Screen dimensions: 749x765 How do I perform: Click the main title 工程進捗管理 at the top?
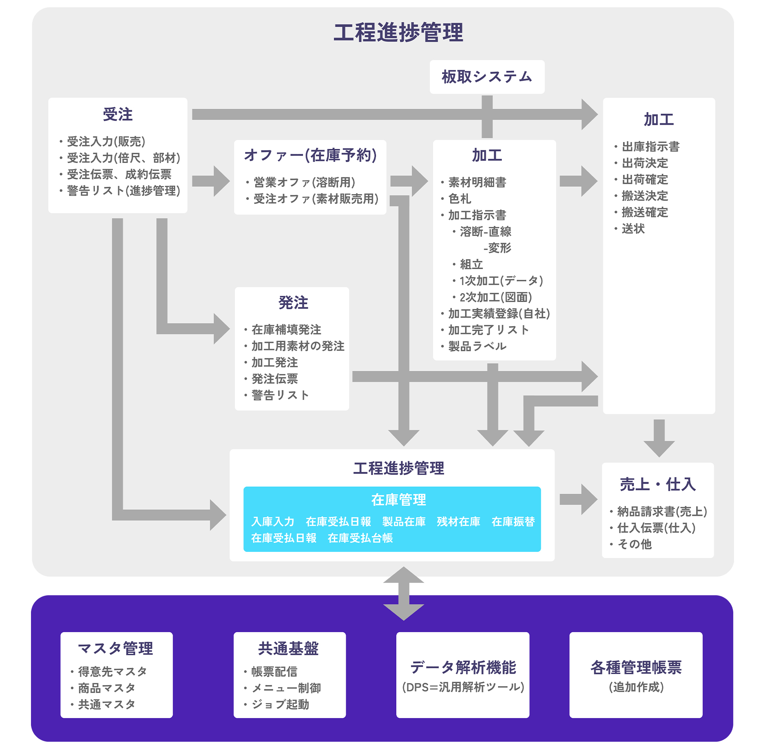(x=398, y=32)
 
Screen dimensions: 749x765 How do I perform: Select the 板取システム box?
(x=487, y=77)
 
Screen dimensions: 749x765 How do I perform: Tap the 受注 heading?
(x=117, y=114)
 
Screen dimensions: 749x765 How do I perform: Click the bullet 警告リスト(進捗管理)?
(x=123, y=191)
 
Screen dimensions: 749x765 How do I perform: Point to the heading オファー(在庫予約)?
(x=310, y=155)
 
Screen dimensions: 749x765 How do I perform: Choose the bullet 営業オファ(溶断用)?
(x=304, y=183)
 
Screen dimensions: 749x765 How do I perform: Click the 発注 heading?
(x=293, y=302)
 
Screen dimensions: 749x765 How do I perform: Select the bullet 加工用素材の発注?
(x=298, y=346)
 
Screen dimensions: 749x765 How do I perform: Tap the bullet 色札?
(x=459, y=199)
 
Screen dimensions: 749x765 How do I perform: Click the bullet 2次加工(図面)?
(x=495, y=297)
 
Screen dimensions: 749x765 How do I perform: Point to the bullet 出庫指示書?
(x=650, y=147)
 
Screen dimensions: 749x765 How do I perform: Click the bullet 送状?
(x=633, y=229)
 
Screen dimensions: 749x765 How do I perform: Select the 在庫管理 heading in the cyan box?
(x=398, y=500)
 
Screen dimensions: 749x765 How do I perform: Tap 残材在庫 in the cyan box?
(x=458, y=522)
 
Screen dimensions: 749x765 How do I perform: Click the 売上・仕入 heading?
(x=657, y=484)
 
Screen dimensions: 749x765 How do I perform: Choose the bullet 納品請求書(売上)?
(x=662, y=511)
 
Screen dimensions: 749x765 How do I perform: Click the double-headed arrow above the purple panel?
(x=403, y=593)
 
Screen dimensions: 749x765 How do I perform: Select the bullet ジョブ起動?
(x=280, y=704)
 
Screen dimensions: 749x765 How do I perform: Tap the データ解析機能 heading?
(x=463, y=667)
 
